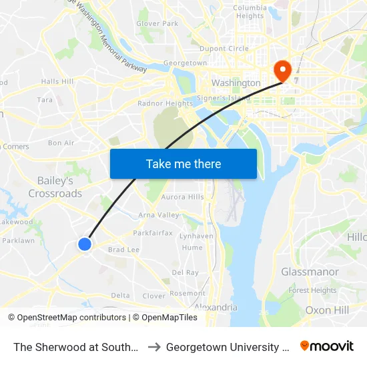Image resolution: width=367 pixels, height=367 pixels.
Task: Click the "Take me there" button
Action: [183, 163]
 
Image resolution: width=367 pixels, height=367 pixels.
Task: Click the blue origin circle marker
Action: [85, 244]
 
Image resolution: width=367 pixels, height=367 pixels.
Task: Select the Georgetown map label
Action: [185, 63]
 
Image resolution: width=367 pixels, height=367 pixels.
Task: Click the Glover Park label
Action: [157, 23]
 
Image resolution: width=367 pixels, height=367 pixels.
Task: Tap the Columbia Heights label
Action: [249, 12]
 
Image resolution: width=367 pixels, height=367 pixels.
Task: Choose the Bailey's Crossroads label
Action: [55, 187]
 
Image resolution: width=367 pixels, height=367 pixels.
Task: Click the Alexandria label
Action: [216, 307]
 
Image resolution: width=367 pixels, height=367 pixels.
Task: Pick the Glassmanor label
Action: [310, 272]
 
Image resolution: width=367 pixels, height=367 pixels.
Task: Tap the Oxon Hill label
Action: [327, 310]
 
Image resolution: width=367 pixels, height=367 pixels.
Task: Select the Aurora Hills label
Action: [182, 197]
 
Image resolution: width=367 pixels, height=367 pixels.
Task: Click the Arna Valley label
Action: [158, 215]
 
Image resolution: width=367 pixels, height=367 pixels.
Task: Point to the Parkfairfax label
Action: [153, 233]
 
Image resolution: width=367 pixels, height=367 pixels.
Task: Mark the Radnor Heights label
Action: [165, 103]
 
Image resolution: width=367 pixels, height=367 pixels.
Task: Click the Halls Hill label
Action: [57, 81]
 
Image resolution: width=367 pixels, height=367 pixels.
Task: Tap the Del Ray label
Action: [185, 272]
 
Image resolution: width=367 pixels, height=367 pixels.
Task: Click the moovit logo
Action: [327, 346]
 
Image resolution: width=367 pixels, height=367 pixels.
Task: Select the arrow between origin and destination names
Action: [153, 347]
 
